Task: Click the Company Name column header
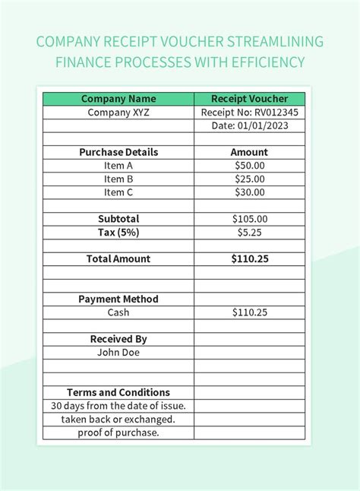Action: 118,99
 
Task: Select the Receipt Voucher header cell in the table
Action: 249,99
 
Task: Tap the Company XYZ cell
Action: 118,112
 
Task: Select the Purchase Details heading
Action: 118,152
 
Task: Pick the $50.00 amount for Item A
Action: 249,166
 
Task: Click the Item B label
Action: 118,179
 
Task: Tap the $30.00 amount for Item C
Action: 249,192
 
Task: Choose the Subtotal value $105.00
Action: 249,219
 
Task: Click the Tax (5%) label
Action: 118,232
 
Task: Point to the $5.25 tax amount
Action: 249,232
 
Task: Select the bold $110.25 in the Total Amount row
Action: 249,258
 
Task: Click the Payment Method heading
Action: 118,299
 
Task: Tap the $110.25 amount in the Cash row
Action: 249,312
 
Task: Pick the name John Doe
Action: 118,353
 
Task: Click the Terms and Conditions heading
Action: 118,392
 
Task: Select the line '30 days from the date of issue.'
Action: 118,406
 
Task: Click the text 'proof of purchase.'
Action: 118,432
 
